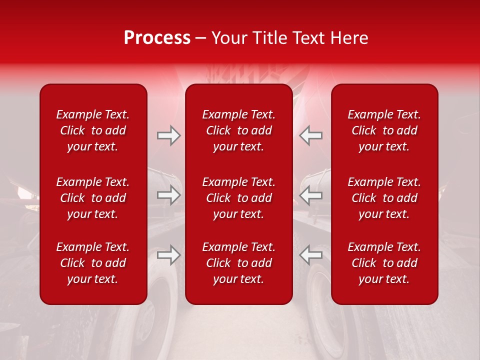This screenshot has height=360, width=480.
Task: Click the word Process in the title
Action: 157,38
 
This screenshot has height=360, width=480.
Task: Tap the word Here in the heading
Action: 349,38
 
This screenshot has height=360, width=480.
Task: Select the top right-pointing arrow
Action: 168,135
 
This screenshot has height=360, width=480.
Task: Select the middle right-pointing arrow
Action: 168,195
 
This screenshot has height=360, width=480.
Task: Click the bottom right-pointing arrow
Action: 168,255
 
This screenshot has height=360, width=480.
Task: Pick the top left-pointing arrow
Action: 311,135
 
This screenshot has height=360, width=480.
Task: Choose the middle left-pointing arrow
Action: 311,195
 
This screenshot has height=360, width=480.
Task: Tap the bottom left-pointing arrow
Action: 311,255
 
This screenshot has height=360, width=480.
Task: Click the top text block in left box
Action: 93,130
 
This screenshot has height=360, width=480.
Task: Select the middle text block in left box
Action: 93,198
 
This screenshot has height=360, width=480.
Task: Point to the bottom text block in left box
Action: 93,263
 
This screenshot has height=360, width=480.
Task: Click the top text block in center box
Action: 238,130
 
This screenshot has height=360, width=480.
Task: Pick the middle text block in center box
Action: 238,198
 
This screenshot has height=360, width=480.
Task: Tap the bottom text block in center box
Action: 238,263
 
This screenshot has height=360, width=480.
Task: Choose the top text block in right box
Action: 384,130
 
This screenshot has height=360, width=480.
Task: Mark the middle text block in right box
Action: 384,198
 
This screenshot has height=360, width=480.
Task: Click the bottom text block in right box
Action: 384,263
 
